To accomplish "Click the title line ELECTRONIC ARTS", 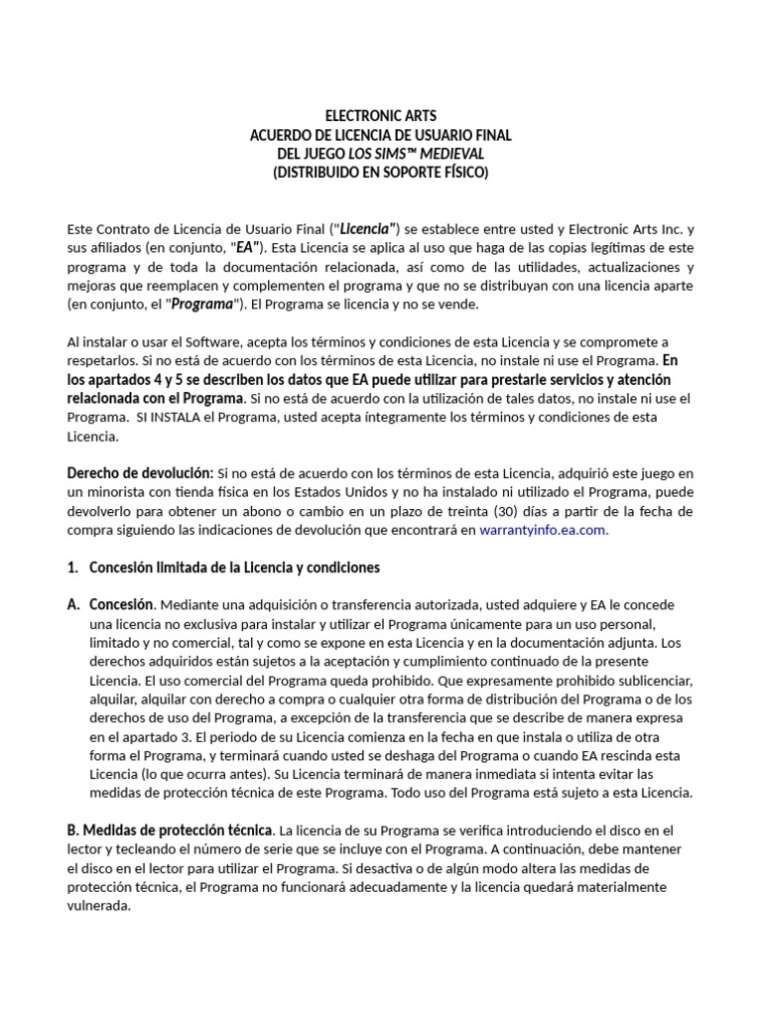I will (x=381, y=116).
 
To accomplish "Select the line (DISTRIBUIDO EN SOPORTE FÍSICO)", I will (x=381, y=173).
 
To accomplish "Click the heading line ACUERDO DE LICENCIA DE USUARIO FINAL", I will (x=381, y=135).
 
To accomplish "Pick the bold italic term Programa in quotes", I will (x=202, y=304).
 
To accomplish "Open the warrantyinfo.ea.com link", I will (x=542, y=531).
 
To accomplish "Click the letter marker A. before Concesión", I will (x=73, y=605).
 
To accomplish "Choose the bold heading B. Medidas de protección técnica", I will (x=170, y=829).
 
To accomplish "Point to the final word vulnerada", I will (x=99, y=905).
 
